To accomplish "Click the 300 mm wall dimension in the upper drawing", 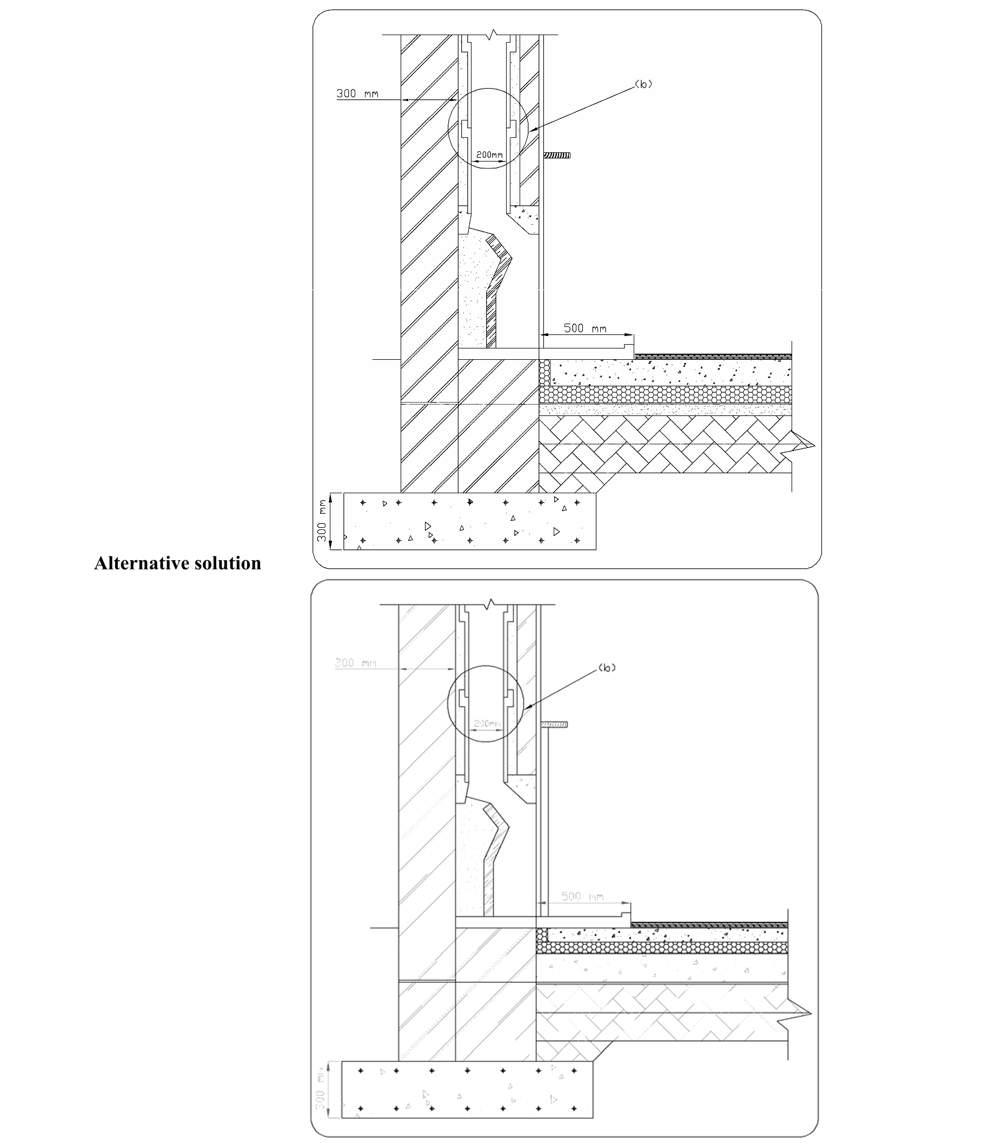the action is tap(357, 93).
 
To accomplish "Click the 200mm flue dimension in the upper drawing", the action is tap(489, 155).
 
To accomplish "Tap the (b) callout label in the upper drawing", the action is tap(643, 84).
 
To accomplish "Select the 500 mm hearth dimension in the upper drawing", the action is tap(585, 328).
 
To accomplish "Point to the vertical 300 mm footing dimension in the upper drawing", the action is tap(322, 521).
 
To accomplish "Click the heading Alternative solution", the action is tap(177, 563).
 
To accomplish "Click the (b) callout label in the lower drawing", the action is tap(607, 668).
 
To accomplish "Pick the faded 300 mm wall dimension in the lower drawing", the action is tap(355, 663).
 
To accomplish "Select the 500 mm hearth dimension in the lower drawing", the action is tap(582, 896).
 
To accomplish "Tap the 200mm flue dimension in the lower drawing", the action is tap(487, 723).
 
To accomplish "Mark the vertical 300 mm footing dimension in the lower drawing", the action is tap(320, 1090).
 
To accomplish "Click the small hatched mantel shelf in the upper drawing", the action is tap(556, 156).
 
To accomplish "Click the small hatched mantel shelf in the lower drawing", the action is tap(554, 724).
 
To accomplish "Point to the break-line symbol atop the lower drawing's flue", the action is tap(488, 605).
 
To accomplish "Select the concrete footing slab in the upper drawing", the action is tap(469, 521).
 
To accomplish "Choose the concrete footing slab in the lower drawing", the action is tap(467, 1090).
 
